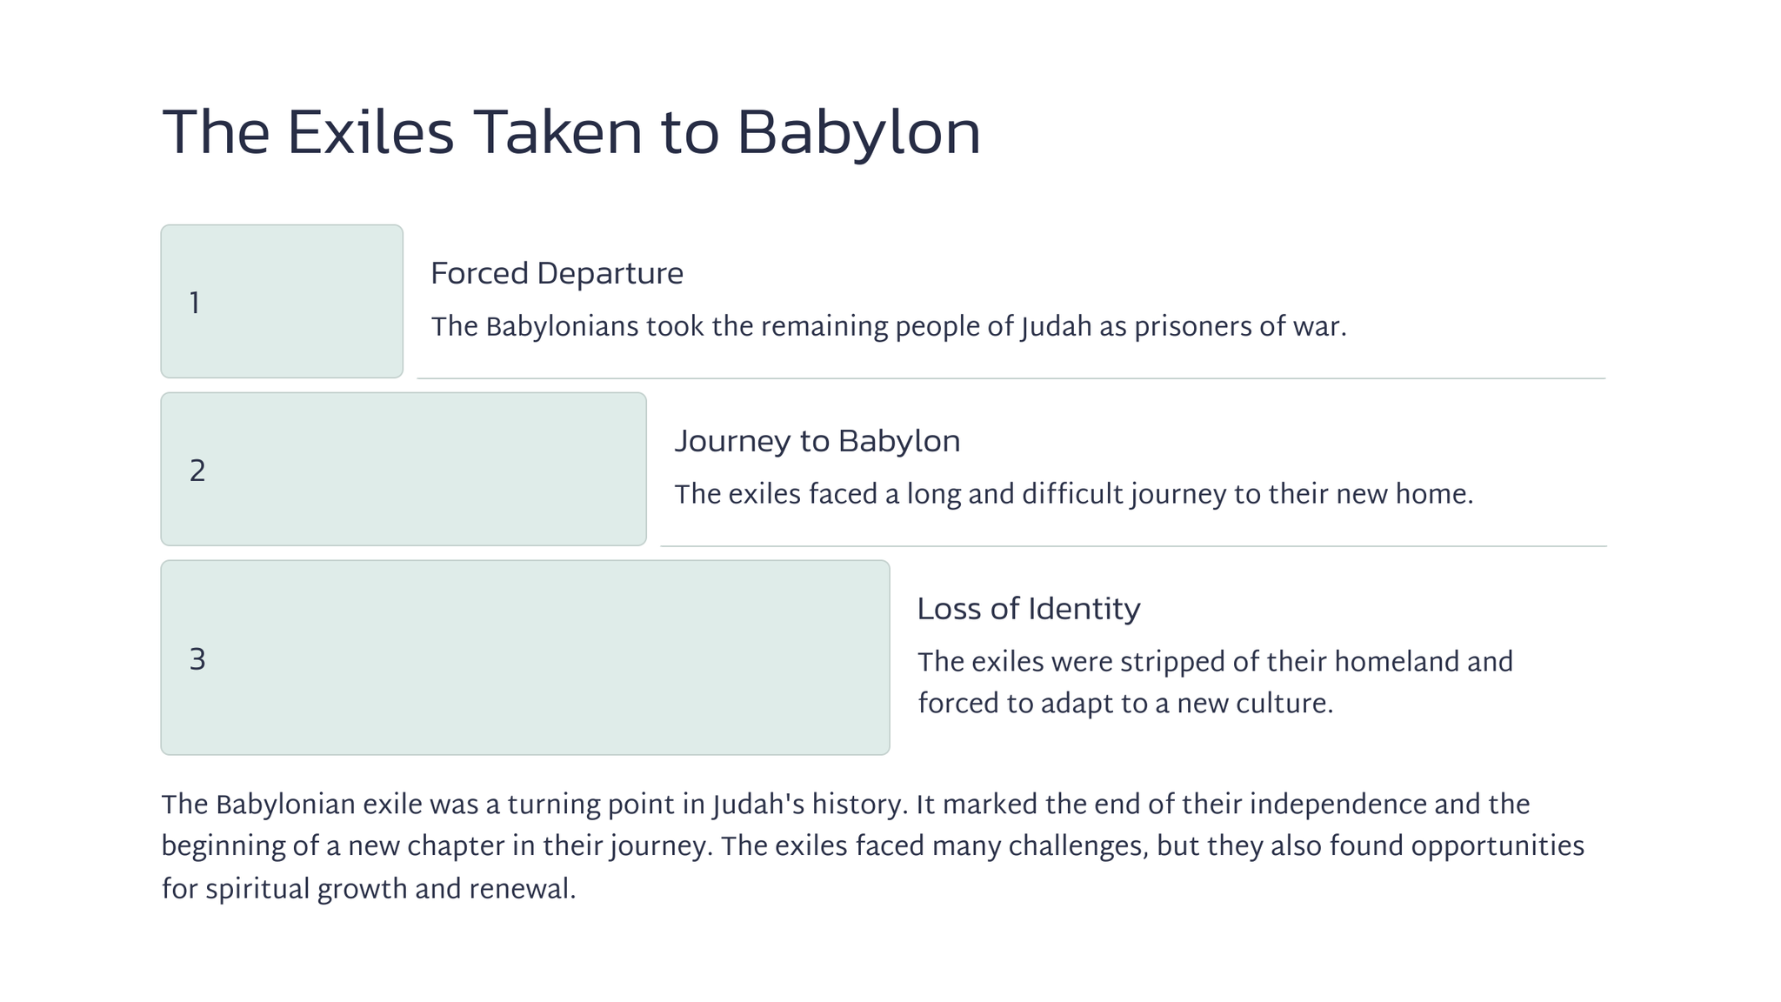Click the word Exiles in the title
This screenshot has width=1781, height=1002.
click(370, 133)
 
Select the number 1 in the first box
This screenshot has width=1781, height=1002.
click(195, 303)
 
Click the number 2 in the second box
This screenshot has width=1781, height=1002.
click(197, 471)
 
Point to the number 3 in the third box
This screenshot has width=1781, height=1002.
click(197, 659)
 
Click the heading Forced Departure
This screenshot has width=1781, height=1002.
click(557, 274)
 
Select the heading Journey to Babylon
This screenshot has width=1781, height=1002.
click(817, 441)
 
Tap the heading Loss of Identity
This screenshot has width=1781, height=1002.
click(1029, 609)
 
